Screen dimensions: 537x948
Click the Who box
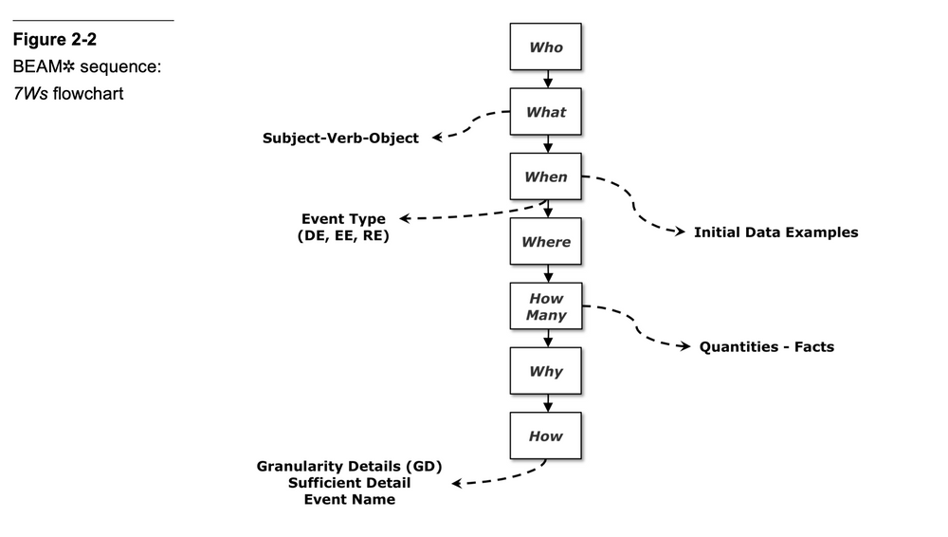(x=546, y=47)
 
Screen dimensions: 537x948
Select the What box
(x=546, y=112)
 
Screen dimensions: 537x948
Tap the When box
(x=546, y=176)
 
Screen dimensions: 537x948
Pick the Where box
(x=546, y=242)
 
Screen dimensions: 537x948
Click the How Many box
(x=546, y=306)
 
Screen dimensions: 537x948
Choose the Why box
(x=546, y=372)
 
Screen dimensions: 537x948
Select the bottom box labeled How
(x=546, y=436)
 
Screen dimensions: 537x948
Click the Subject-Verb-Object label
(x=340, y=139)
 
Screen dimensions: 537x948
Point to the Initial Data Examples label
(x=775, y=232)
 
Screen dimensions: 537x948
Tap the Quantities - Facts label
(x=766, y=347)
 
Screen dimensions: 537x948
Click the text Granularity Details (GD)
(x=350, y=467)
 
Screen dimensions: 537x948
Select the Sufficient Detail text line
(x=350, y=483)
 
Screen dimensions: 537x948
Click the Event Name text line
(x=350, y=500)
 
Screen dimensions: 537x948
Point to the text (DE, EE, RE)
(x=343, y=236)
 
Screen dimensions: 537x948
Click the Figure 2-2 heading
(x=54, y=40)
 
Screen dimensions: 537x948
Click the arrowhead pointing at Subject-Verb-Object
(x=438, y=138)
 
